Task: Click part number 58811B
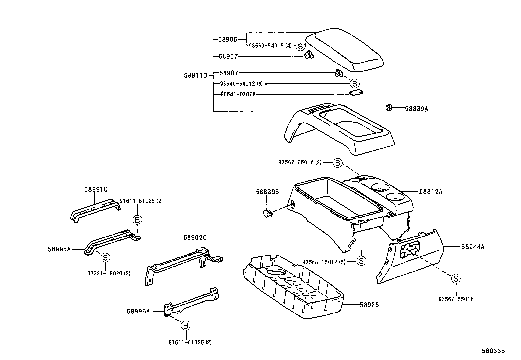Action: click(x=195, y=75)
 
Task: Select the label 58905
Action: click(x=227, y=39)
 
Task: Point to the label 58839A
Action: click(x=416, y=109)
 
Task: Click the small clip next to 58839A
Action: click(x=388, y=107)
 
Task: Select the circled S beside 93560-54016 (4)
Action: click(x=300, y=46)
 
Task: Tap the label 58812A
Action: click(x=431, y=191)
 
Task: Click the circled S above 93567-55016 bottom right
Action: click(x=456, y=279)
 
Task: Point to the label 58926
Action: click(x=369, y=305)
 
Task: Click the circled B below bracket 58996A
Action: click(x=186, y=325)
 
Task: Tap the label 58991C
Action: click(x=96, y=189)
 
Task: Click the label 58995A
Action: click(x=59, y=249)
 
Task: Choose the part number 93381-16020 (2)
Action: click(x=109, y=274)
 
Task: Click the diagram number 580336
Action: click(x=493, y=351)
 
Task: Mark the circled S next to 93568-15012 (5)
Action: click(x=361, y=261)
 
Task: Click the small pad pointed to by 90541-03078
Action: click(x=356, y=93)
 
